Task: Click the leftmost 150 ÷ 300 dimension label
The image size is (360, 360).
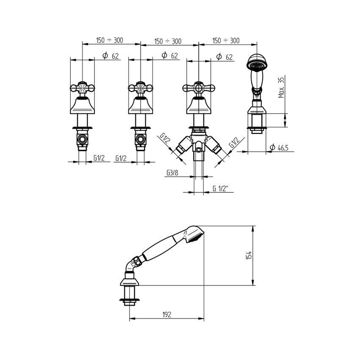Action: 109,40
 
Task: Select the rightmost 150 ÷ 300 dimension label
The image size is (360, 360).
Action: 226,41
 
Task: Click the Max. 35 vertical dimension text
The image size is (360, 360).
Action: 281,88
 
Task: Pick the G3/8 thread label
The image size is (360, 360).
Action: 172,172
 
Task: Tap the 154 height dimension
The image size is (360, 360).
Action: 249,256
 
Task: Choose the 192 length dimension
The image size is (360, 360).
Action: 166,314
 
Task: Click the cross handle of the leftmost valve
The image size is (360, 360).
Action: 82,89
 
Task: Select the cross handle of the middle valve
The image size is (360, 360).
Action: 140,89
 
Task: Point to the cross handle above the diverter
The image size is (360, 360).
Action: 199,89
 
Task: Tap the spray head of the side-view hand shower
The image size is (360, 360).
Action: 195,234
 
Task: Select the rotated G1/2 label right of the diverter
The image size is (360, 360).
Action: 234,142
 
